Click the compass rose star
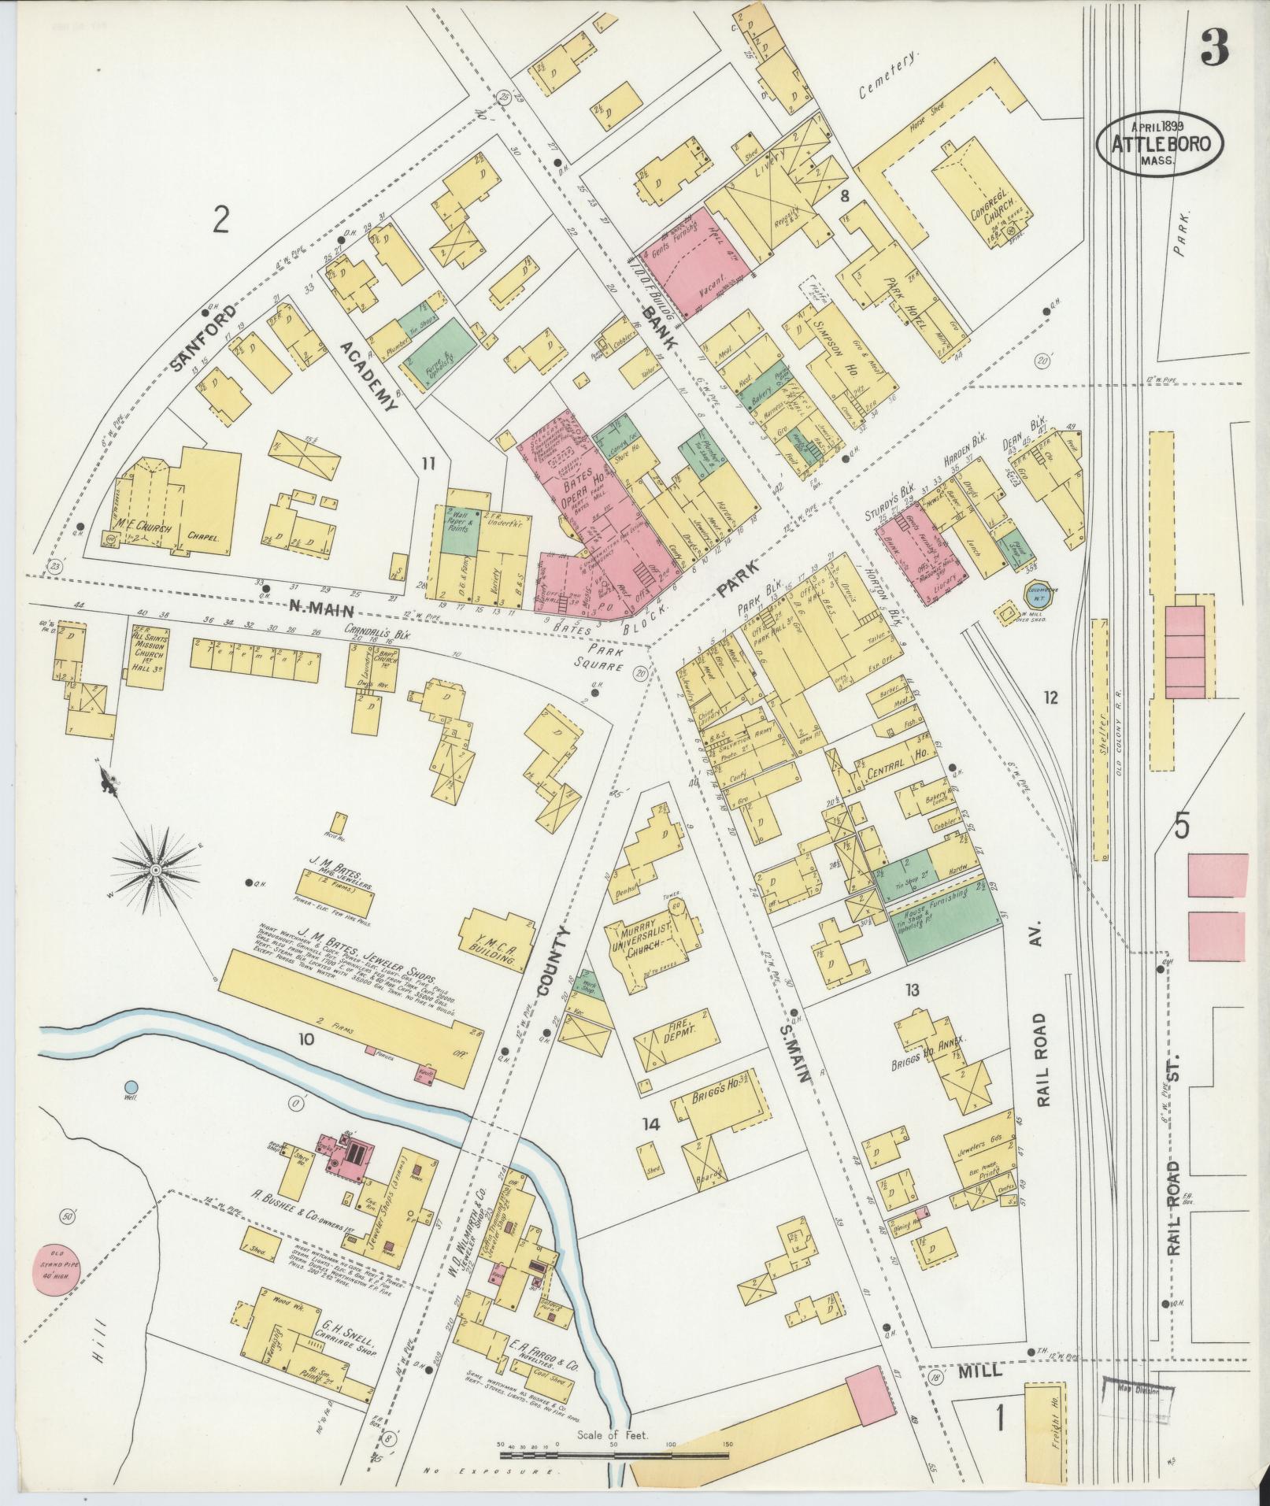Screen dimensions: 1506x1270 [155, 869]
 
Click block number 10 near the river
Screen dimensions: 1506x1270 [305, 1039]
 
